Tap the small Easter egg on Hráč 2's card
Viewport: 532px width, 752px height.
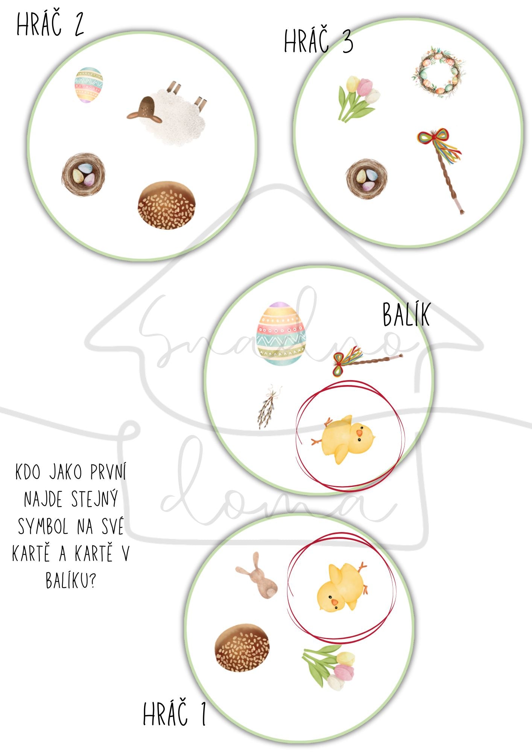point(89,85)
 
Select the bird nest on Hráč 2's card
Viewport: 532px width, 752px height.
point(84,174)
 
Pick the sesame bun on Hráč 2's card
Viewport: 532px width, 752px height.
point(167,205)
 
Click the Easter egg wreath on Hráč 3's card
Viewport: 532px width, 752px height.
point(439,72)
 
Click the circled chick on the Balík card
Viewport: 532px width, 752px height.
point(344,439)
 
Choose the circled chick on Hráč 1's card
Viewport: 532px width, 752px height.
point(342,586)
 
